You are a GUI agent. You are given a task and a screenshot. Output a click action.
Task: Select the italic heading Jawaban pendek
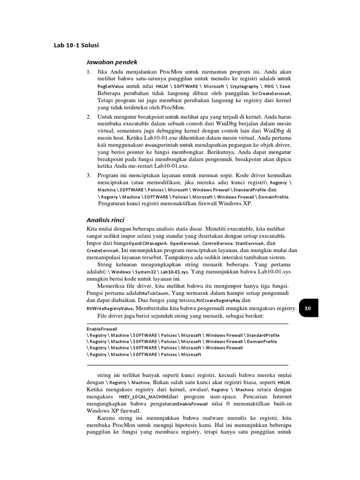pyautogui.click(x=112, y=62)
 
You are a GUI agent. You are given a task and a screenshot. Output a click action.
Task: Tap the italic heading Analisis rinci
pyautogui.click(x=105, y=219)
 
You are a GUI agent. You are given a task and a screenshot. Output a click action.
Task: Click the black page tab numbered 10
pyautogui.click(x=308, y=308)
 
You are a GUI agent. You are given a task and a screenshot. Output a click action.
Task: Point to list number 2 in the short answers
pyautogui.click(x=89, y=116)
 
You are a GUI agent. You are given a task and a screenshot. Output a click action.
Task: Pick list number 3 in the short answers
pyautogui.click(x=89, y=175)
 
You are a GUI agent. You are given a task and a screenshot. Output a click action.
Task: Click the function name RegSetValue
pyautogui.click(x=111, y=87)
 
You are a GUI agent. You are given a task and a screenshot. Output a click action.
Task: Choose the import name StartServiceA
pyautogui.click(x=248, y=244)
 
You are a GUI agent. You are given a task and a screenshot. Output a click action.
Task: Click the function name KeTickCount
pyautogui.click(x=165, y=293)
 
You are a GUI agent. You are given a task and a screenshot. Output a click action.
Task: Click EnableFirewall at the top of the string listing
pyautogui.click(x=102, y=330)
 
